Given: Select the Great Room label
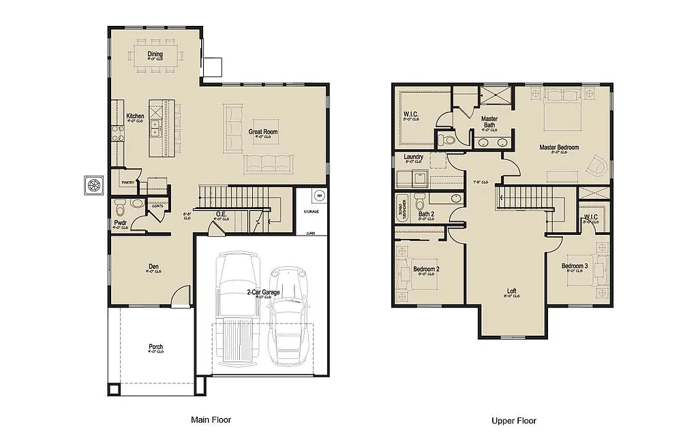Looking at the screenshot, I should coord(262,131).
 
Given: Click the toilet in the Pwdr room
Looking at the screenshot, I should coord(120,206).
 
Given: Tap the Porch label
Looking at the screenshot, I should coord(156,347).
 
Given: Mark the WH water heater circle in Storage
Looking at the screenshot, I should coord(318,196).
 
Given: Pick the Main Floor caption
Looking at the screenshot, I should coord(211,420).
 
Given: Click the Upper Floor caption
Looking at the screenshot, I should coord(514,421).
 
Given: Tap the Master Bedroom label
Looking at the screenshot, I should coord(559,147).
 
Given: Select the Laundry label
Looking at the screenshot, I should coord(413,157).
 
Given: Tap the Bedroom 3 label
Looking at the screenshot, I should coord(575,266).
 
